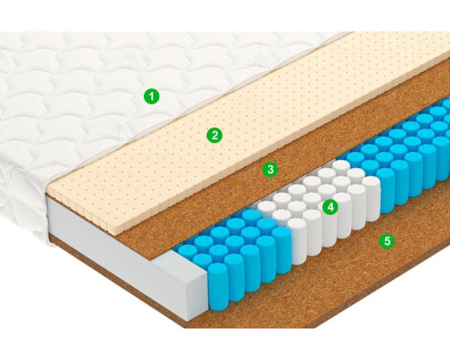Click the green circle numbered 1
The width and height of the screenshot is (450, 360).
pyautogui.click(x=151, y=96)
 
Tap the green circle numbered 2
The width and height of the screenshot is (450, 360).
pyautogui.click(x=214, y=135)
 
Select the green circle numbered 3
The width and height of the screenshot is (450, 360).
pyautogui.click(x=270, y=169)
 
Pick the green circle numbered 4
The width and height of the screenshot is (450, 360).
pyautogui.click(x=330, y=207)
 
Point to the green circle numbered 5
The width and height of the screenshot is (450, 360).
pyautogui.click(x=387, y=240)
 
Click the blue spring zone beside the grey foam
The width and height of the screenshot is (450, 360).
pyautogui.click(x=240, y=252)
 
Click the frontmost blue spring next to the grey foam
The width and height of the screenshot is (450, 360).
pyautogui.click(x=218, y=282)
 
